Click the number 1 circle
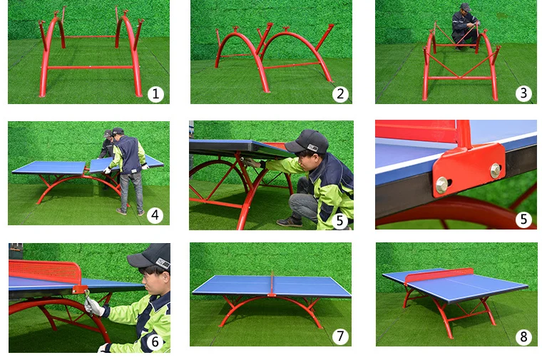pos(155,93)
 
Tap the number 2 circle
pos(340,93)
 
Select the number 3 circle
pos(523,93)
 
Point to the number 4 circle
pos(155,215)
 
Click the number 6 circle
pos(155,341)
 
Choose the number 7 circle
pos(340,336)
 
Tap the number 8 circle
pos(523,336)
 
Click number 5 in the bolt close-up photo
pos(523,219)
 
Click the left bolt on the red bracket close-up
pos(441,185)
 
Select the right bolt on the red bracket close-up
pos(496,170)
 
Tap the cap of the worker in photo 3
pos(465,7)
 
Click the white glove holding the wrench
pos(93,307)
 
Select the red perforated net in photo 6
pos(45,272)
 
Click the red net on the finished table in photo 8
pos(439,275)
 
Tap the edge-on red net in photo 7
pos(272,283)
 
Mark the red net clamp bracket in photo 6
pos(80,289)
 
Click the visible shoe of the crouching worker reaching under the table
pos(290,222)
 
